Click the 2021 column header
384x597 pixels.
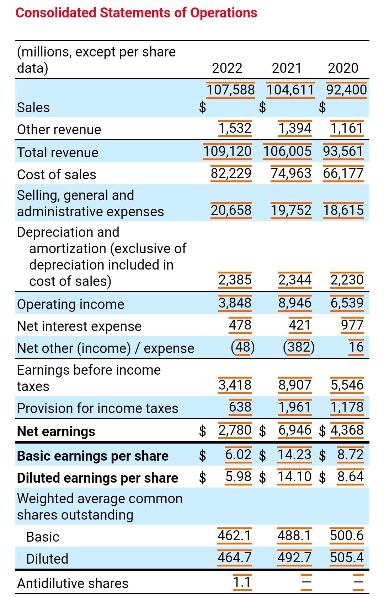coord(287,68)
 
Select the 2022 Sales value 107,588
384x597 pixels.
coord(231,89)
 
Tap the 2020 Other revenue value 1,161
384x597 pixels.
coord(347,128)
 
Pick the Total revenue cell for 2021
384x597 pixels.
coord(287,151)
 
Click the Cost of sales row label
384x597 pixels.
coord(57,174)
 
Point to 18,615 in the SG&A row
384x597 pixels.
coord(343,210)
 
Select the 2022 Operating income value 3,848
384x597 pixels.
coord(235,303)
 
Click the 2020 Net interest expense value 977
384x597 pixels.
coord(352,325)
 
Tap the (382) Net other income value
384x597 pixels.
coord(299,347)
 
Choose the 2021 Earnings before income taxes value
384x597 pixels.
coord(294,385)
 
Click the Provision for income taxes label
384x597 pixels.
coord(97,408)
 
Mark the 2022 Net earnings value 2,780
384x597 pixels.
coord(235,430)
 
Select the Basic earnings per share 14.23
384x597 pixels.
coord(294,455)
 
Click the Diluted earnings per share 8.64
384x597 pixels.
coord(350,476)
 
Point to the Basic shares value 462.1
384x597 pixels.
coord(234,535)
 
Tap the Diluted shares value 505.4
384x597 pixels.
coord(347,557)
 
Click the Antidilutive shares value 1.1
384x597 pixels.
coord(242,582)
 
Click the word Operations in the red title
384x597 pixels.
coord(224,13)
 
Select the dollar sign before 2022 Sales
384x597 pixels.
coord(202,107)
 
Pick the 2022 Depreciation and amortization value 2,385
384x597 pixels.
coord(235,279)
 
